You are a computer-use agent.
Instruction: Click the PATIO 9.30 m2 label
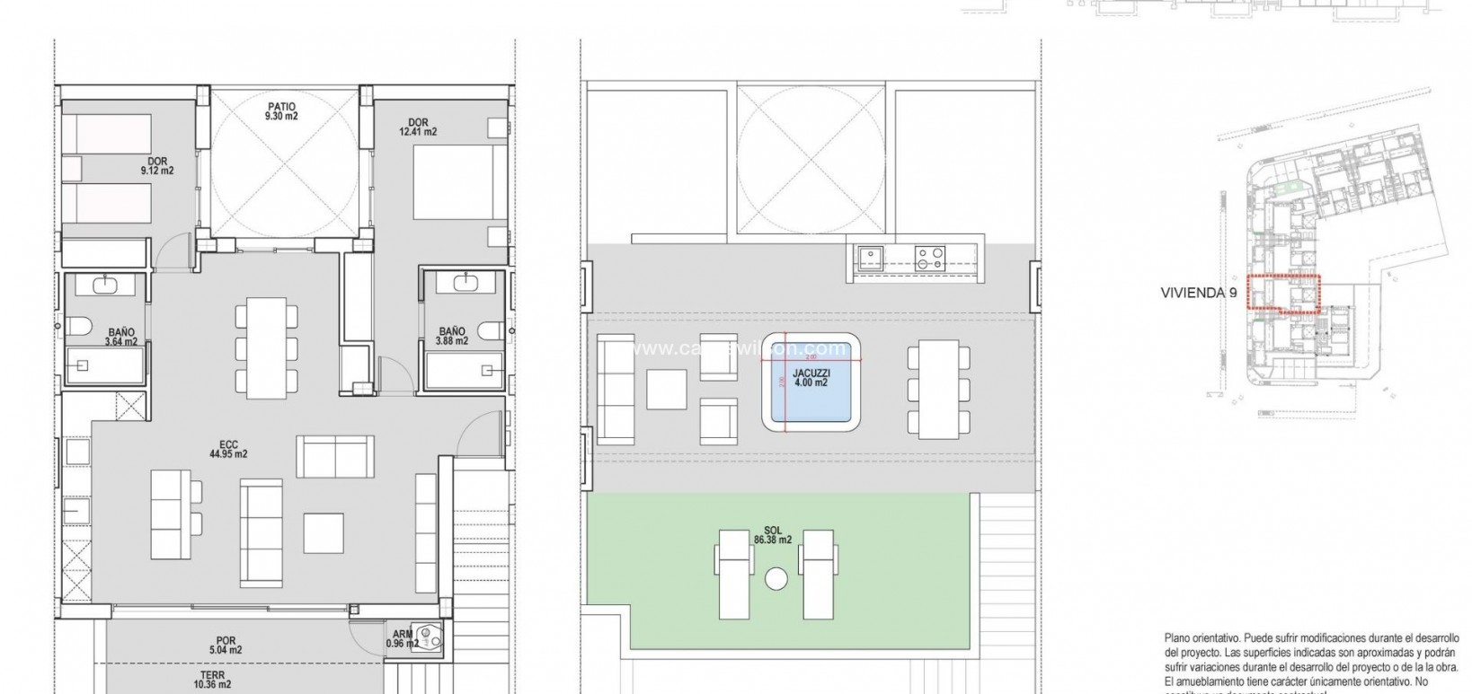pyautogui.click(x=281, y=111)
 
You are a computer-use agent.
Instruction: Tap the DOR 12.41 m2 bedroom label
pyautogui.click(x=417, y=127)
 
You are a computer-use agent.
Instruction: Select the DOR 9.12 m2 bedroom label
pyautogui.click(x=156, y=166)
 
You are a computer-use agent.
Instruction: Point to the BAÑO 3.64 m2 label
pyautogui.click(x=120, y=337)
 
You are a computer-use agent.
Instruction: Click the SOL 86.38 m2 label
pyautogui.click(x=773, y=534)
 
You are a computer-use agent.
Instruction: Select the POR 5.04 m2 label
pyautogui.click(x=225, y=645)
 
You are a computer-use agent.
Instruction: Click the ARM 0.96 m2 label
pyautogui.click(x=402, y=638)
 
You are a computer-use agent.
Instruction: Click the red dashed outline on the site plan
pyautogui.click(x=1283, y=293)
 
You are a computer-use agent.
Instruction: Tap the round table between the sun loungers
pyautogui.click(x=775, y=579)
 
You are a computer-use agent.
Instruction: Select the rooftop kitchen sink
pyautogui.click(x=869, y=259)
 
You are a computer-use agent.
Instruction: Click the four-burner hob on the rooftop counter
pyautogui.click(x=929, y=259)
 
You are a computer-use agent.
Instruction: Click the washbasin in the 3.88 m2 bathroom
pyautogui.click(x=466, y=284)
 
